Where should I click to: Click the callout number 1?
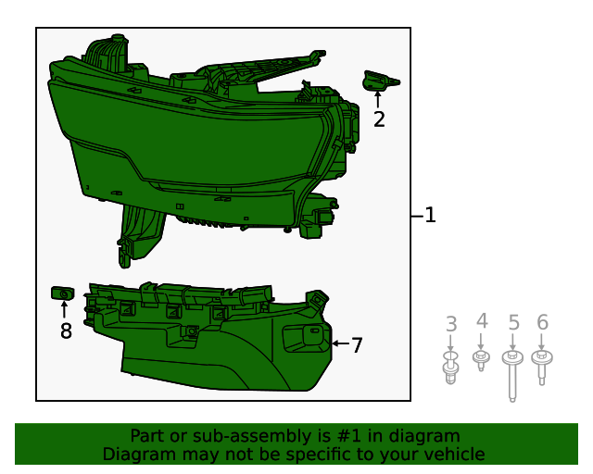(x=430, y=216)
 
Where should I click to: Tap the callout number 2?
(x=379, y=118)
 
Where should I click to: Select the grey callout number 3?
(x=451, y=324)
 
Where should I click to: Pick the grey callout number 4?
(x=482, y=321)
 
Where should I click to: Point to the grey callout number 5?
(x=513, y=323)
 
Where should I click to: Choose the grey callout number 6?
(x=543, y=322)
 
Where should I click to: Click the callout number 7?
(x=357, y=344)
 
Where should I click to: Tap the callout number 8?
(x=66, y=331)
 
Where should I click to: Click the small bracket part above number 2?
(x=379, y=81)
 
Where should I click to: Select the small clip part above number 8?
(x=61, y=294)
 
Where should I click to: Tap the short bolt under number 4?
(x=481, y=359)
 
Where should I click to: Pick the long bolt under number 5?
(x=512, y=375)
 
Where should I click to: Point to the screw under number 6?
(x=543, y=365)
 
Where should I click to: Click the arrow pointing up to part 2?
(x=378, y=98)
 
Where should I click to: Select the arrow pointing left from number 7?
(x=339, y=343)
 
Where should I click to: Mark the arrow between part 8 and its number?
(x=64, y=310)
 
